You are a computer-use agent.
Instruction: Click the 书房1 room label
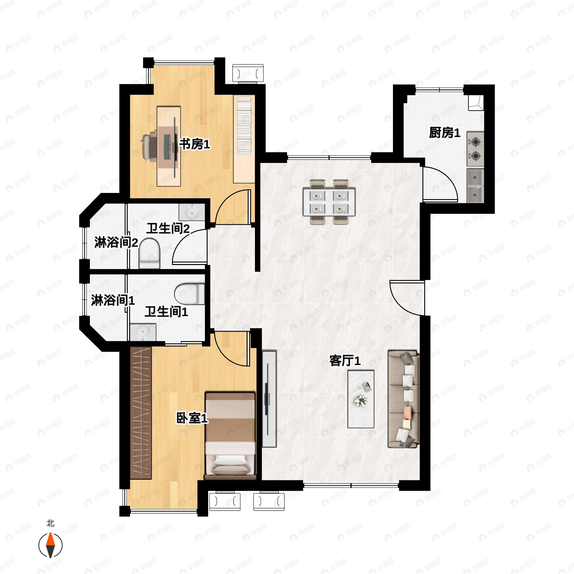[194, 145]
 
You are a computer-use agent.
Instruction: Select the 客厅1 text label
[345, 361]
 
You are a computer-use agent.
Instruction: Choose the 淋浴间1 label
[113, 300]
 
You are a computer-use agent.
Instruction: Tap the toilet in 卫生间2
[149, 253]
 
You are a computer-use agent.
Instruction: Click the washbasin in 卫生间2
[192, 212]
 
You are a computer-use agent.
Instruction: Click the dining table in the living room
[329, 202]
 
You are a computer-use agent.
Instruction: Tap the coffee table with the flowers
[361, 399]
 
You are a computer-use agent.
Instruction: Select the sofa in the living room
[403, 399]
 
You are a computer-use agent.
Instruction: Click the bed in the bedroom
[230, 436]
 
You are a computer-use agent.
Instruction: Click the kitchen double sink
[475, 186]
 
